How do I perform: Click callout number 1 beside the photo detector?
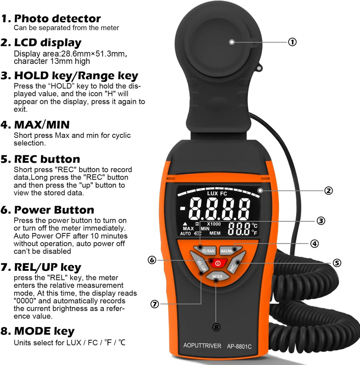292,42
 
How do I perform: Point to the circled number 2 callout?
328,190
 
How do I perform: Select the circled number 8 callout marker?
216,327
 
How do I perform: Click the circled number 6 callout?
152,260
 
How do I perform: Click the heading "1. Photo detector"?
51,18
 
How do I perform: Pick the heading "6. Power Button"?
47,210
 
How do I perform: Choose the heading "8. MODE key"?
38,331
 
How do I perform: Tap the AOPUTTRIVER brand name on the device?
202,346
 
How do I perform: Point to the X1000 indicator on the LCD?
214,224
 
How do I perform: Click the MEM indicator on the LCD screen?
215,233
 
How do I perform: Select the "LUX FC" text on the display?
217,193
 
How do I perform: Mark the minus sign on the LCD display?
182,209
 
